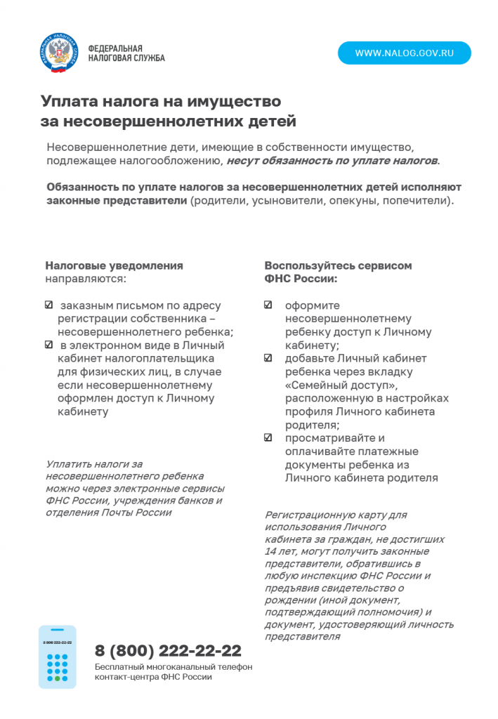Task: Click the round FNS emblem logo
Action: tap(58, 53)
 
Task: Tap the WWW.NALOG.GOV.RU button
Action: tap(404, 53)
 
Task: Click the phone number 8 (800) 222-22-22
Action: tap(168, 650)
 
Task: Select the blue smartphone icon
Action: tap(58, 657)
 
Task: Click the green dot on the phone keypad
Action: tap(58, 678)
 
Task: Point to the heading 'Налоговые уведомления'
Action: tap(114, 265)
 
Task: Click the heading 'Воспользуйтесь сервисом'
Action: tap(338, 265)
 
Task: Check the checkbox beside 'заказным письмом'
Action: tap(48, 305)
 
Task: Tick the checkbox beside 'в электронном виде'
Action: tap(48, 345)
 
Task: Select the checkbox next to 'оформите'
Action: tap(268, 305)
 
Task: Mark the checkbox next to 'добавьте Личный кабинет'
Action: tap(268, 358)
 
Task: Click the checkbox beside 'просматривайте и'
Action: tap(268, 437)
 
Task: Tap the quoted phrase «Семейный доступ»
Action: tap(341, 385)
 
